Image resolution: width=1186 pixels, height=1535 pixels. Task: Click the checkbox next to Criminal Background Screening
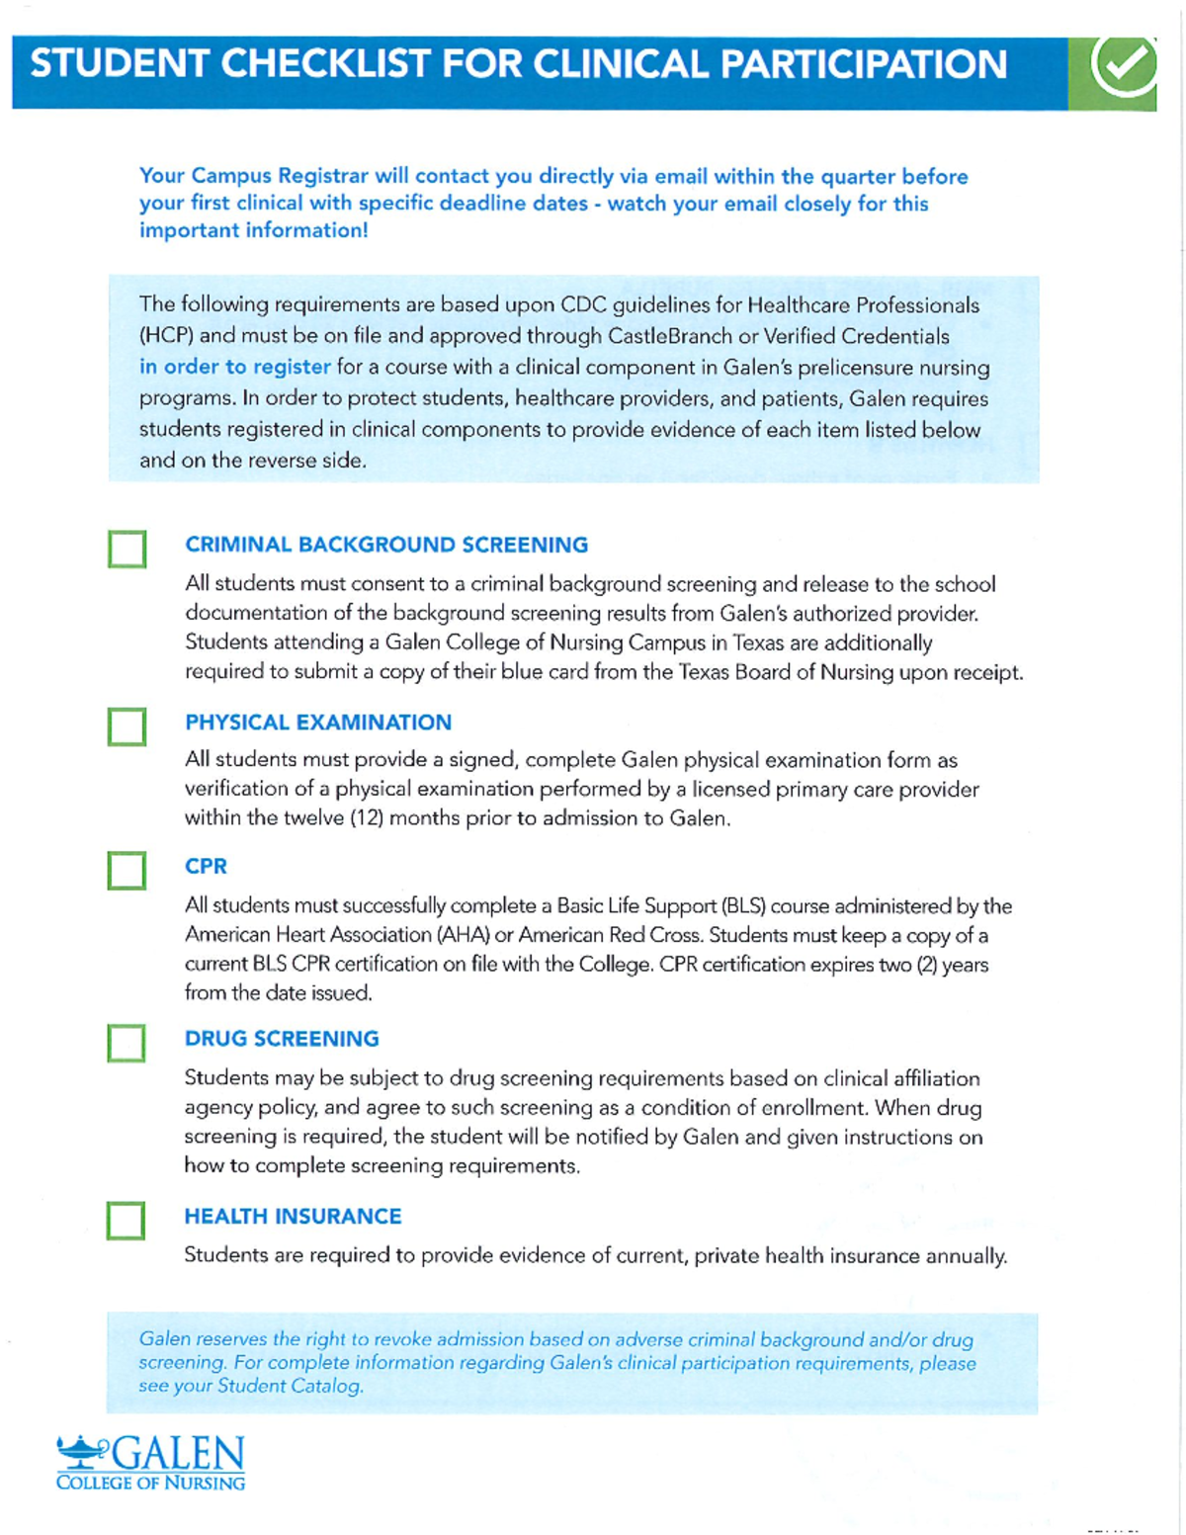click(x=127, y=549)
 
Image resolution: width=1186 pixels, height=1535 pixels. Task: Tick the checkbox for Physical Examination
click(x=127, y=726)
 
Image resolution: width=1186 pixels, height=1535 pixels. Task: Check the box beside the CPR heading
click(x=127, y=871)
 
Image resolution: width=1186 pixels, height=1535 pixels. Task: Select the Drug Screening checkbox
click(x=126, y=1043)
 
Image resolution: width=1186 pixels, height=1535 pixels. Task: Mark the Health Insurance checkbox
click(x=126, y=1221)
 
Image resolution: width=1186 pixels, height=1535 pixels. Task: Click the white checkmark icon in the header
click(x=1124, y=65)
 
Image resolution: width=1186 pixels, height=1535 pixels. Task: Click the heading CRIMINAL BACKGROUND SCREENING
click(x=386, y=545)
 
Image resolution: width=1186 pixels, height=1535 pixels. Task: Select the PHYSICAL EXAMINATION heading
click(x=318, y=723)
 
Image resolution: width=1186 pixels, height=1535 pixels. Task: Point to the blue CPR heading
click(x=206, y=866)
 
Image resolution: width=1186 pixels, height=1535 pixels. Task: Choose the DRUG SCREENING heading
click(x=282, y=1039)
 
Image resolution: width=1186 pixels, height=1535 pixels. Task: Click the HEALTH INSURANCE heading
click(x=293, y=1216)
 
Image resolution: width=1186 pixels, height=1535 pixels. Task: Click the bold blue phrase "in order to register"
click(x=234, y=367)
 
